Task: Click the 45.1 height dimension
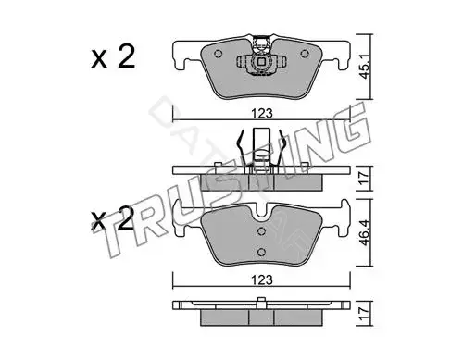pos(365,67)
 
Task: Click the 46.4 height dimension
pos(365,232)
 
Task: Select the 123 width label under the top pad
pos(262,114)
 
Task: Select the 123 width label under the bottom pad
pos(262,280)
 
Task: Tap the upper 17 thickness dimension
pos(365,178)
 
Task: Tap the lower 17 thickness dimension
pos(365,314)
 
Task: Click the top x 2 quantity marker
pos(113,56)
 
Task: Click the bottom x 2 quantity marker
pos(113,219)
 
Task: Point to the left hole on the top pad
pos(218,54)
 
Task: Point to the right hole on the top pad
pos(305,54)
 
